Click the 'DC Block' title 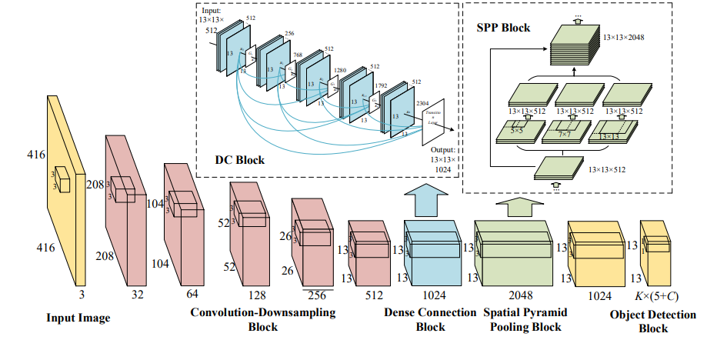click(239, 160)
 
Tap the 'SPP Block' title click(504, 27)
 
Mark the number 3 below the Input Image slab click(80, 293)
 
